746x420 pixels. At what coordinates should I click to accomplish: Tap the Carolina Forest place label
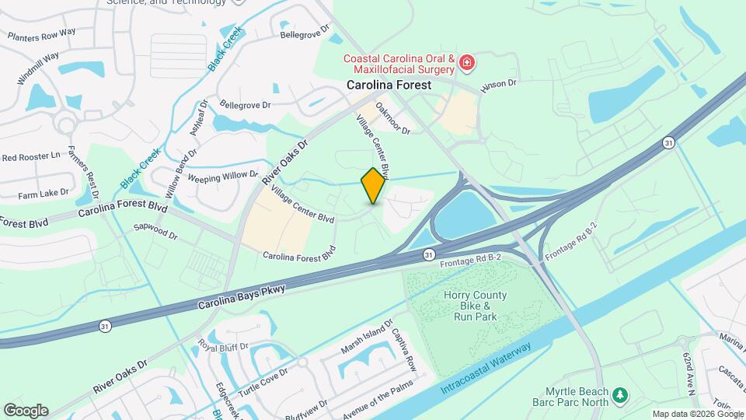tap(389, 84)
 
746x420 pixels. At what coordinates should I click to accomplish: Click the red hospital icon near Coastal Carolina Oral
tap(466, 61)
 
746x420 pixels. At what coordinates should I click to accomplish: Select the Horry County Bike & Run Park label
tap(475, 306)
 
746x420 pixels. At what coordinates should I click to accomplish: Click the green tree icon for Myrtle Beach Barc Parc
tap(619, 396)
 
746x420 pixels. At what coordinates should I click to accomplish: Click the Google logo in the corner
tap(26, 410)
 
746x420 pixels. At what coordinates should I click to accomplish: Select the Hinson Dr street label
tap(497, 84)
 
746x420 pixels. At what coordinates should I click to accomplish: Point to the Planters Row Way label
tap(41, 34)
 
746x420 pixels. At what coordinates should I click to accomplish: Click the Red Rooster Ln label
tap(31, 157)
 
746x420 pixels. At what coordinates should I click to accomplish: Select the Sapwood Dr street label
tap(155, 231)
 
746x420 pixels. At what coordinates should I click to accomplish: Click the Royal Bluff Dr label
tap(223, 346)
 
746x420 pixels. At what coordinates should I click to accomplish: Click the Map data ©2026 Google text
tap(696, 414)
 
